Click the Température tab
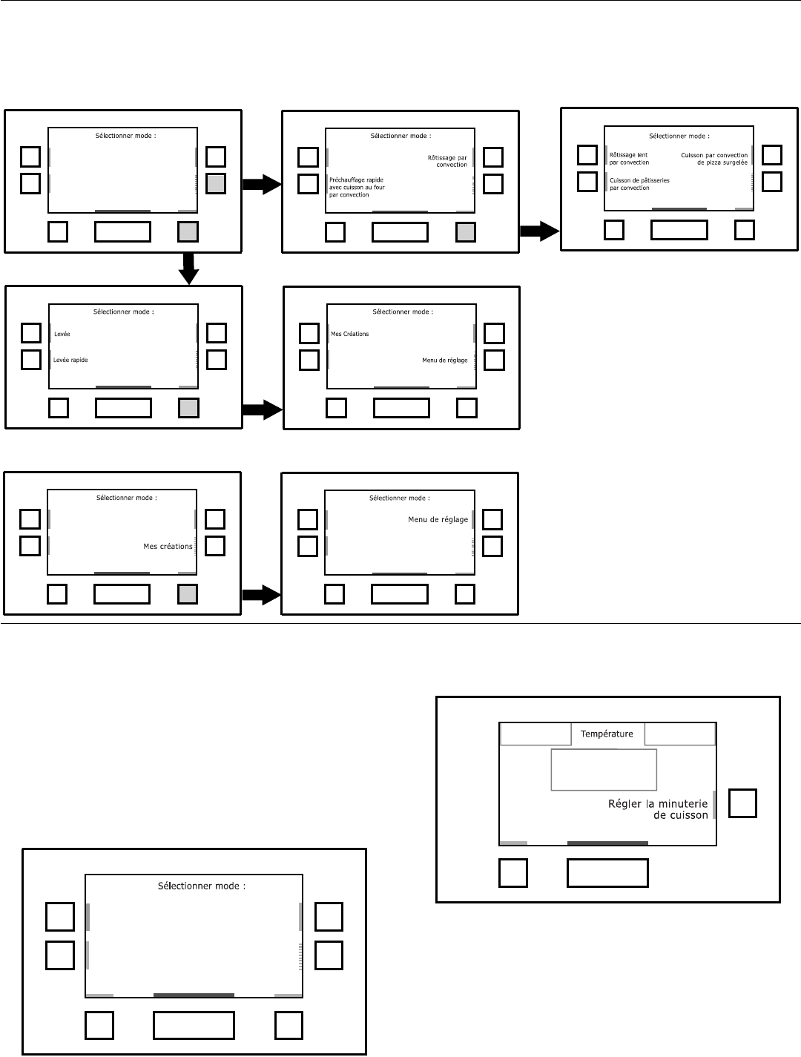(607, 734)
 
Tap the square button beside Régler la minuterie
(742, 803)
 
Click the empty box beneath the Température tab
(604, 769)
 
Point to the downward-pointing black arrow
(190, 268)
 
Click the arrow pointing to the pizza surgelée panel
(539, 231)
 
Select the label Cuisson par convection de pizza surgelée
(714, 159)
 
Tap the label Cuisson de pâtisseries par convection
(639, 184)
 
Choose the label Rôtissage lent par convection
(629, 159)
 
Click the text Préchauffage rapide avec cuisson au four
(357, 187)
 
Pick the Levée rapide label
(70, 360)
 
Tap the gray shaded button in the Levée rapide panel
(188, 408)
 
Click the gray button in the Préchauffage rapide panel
(466, 232)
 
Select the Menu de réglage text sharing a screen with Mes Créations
(445, 360)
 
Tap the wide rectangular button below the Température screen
(607, 873)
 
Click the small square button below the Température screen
(512, 873)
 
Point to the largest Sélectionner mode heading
(202, 886)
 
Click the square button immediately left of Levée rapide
(30, 360)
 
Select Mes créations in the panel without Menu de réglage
(168, 547)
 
